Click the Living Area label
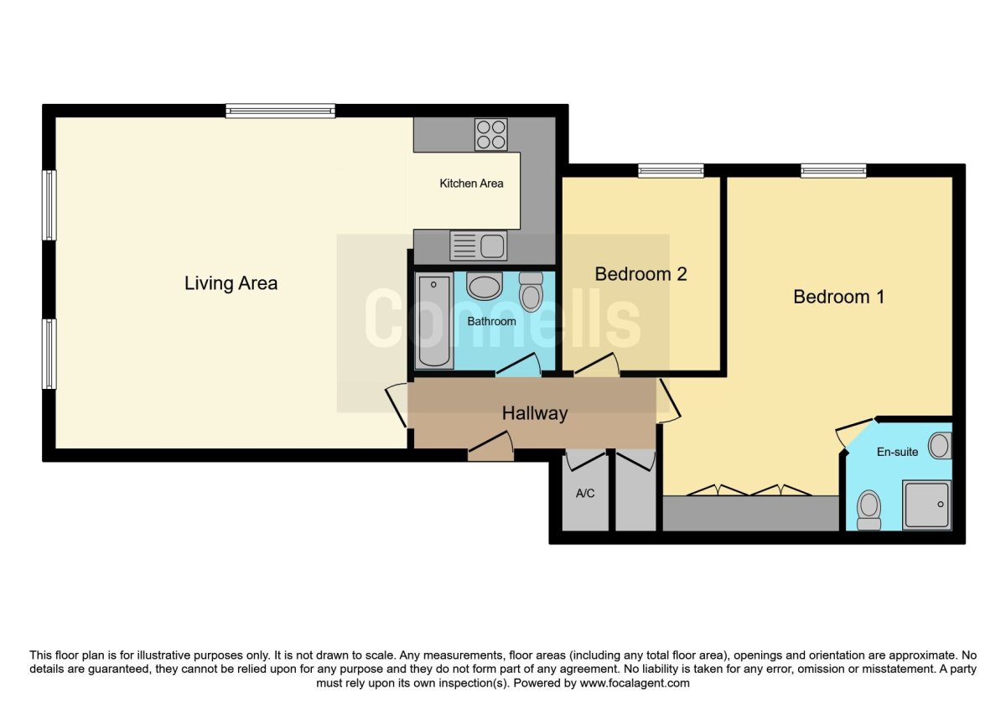[x=231, y=283]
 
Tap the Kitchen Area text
[x=471, y=184]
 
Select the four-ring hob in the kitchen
[x=491, y=134]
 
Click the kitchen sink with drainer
[x=479, y=246]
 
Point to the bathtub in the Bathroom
[x=433, y=320]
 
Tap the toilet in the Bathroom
[x=531, y=292]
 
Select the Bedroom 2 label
[x=640, y=274]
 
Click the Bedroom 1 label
[x=838, y=297]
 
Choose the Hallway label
[x=535, y=413]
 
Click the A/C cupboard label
[x=585, y=494]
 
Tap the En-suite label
[x=897, y=452]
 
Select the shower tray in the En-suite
[x=926, y=505]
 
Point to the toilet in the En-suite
[x=869, y=509]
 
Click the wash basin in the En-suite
[x=941, y=445]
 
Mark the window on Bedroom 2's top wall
[x=671, y=171]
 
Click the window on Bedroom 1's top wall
[x=833, y=171]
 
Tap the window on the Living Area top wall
[x=280, y=111]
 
